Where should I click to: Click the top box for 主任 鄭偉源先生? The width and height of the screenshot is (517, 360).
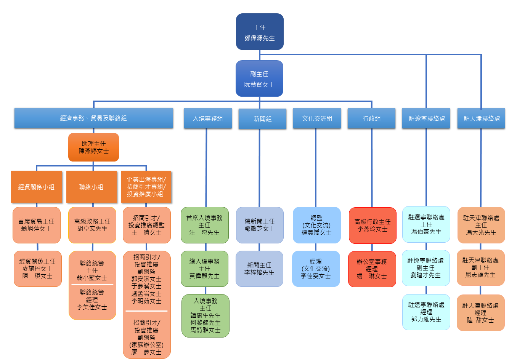260,32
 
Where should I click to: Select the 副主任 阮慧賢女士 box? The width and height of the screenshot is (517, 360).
259,78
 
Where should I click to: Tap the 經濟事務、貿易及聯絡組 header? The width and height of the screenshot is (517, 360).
93,118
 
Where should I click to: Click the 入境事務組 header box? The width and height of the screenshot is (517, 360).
208,118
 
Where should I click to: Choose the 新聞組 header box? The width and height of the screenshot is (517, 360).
262,119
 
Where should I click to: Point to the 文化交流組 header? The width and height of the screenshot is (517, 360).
317,118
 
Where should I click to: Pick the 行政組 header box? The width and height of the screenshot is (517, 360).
371,118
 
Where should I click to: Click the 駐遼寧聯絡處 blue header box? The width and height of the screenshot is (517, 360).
427,118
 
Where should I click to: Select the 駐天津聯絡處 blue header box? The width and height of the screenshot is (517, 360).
481,118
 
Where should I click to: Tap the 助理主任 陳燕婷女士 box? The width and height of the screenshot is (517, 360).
93,147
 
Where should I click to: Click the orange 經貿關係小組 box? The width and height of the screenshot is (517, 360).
36,187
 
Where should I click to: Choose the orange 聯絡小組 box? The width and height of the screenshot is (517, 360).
92,187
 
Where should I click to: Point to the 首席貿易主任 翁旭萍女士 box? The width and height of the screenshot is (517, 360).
37,225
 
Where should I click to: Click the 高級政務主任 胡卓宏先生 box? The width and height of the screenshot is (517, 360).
92,225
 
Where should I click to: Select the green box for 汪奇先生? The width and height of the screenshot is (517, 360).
204,225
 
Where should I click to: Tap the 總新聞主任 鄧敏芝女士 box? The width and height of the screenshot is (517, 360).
260,225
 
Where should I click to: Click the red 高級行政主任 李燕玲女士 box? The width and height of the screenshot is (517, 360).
372,226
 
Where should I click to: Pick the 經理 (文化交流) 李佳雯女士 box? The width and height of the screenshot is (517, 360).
316,269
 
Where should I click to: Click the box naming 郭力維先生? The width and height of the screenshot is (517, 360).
426,312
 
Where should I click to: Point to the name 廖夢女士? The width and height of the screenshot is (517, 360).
146,352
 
